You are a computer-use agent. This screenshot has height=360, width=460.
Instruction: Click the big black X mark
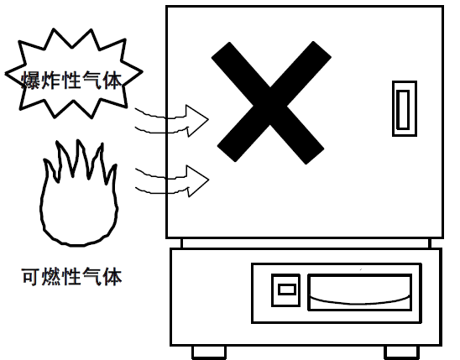[270, 102]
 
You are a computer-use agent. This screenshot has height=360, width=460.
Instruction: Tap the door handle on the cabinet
[405, 109]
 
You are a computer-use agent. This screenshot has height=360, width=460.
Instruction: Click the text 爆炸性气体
[72, 81]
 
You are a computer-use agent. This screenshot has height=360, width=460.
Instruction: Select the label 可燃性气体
[72, 276]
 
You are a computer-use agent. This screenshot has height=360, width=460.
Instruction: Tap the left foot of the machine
[209, 352]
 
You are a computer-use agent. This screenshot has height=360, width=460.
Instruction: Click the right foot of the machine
[401, 352]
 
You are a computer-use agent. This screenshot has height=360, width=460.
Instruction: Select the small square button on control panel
[285, 290]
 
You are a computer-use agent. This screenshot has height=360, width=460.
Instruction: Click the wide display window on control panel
[359, 292]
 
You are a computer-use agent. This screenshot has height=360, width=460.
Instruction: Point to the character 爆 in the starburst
[31, 81]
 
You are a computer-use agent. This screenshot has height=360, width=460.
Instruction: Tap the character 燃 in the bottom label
[51, 276]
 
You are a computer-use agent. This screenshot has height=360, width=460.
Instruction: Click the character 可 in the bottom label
[31, 276]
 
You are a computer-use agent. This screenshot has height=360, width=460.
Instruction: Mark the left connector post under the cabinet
[181, 243]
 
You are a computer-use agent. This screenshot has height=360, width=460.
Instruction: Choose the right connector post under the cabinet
[430, 243]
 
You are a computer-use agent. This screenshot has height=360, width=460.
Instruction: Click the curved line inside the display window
[359, 302]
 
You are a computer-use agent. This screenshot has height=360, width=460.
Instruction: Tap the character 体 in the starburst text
[113, 81]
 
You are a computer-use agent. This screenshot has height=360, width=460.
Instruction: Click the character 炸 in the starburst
[51, 81]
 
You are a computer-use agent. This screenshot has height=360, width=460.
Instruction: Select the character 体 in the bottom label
[113, 276]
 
